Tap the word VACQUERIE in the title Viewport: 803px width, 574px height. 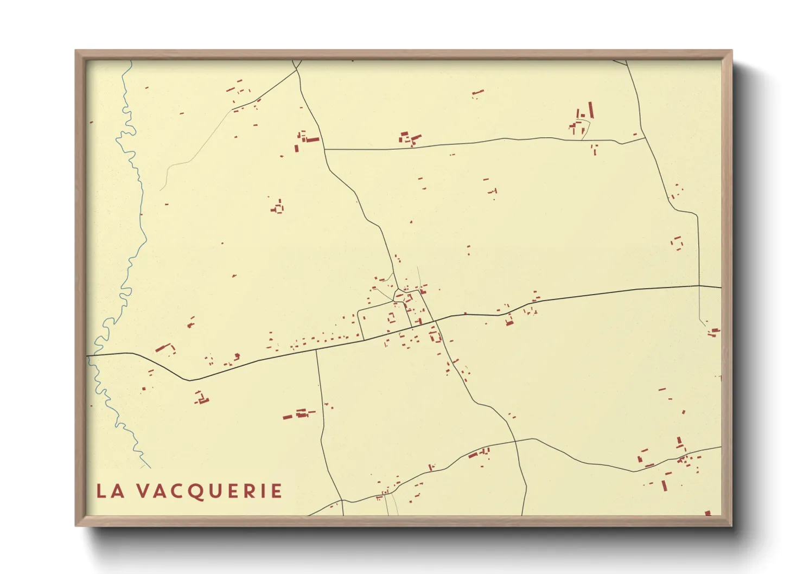point(209,491)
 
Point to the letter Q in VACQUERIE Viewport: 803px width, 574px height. point(198,492)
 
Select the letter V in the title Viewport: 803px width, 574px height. point(142,491)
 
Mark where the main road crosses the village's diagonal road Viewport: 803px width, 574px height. point(435,321)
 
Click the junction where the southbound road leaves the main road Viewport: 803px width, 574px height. point(316,350)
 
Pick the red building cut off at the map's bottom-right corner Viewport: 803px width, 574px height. point(708,513)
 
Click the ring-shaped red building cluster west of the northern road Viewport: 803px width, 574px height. point(278,207)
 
